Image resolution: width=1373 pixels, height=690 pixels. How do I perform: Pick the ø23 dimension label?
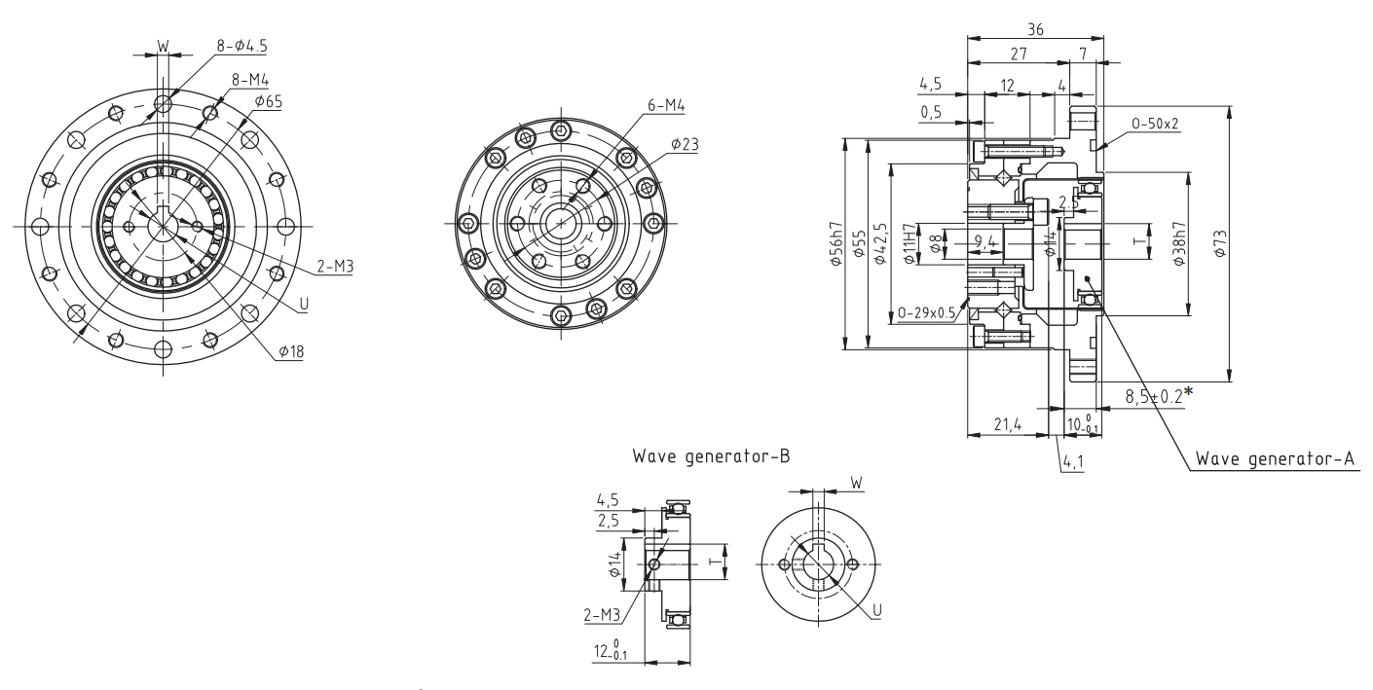pyautogui.click(x=685, y=143)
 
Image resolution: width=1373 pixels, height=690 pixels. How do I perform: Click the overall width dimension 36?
pyautogui.click(x=1035, y=30)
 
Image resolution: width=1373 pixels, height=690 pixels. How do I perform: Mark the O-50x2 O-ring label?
pyautogui.click(x=1157, y=124)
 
